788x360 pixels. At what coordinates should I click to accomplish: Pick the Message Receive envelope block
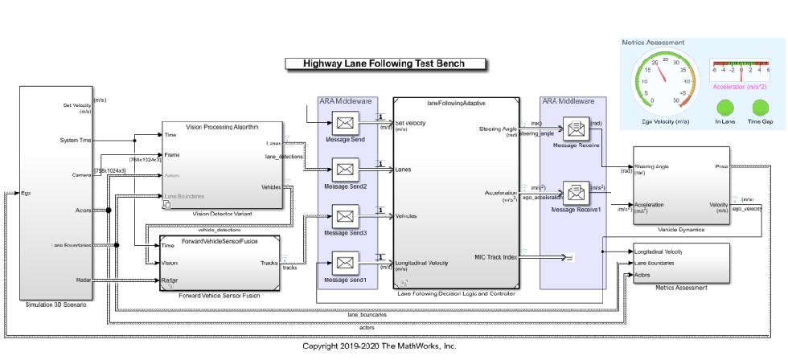tap(575, 128)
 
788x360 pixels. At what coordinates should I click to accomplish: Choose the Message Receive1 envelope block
tap(575, 193)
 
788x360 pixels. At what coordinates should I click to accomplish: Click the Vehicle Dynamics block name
tap(680, 229)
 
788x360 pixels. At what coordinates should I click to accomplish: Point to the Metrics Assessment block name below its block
tap(680, 286)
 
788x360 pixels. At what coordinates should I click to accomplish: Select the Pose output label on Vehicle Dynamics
tap(721, 167)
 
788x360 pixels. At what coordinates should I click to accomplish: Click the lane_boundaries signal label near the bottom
tap(369, 314)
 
